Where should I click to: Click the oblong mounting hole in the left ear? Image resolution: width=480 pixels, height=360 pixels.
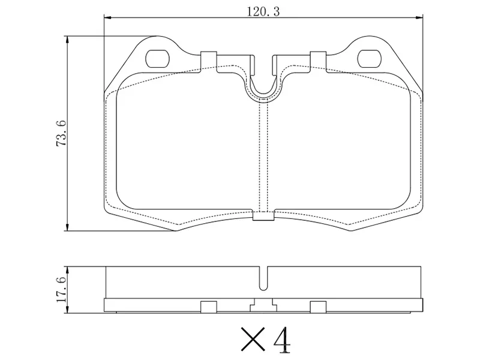(158, 58)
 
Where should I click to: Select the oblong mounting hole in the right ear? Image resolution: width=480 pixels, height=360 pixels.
(370, 58)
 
